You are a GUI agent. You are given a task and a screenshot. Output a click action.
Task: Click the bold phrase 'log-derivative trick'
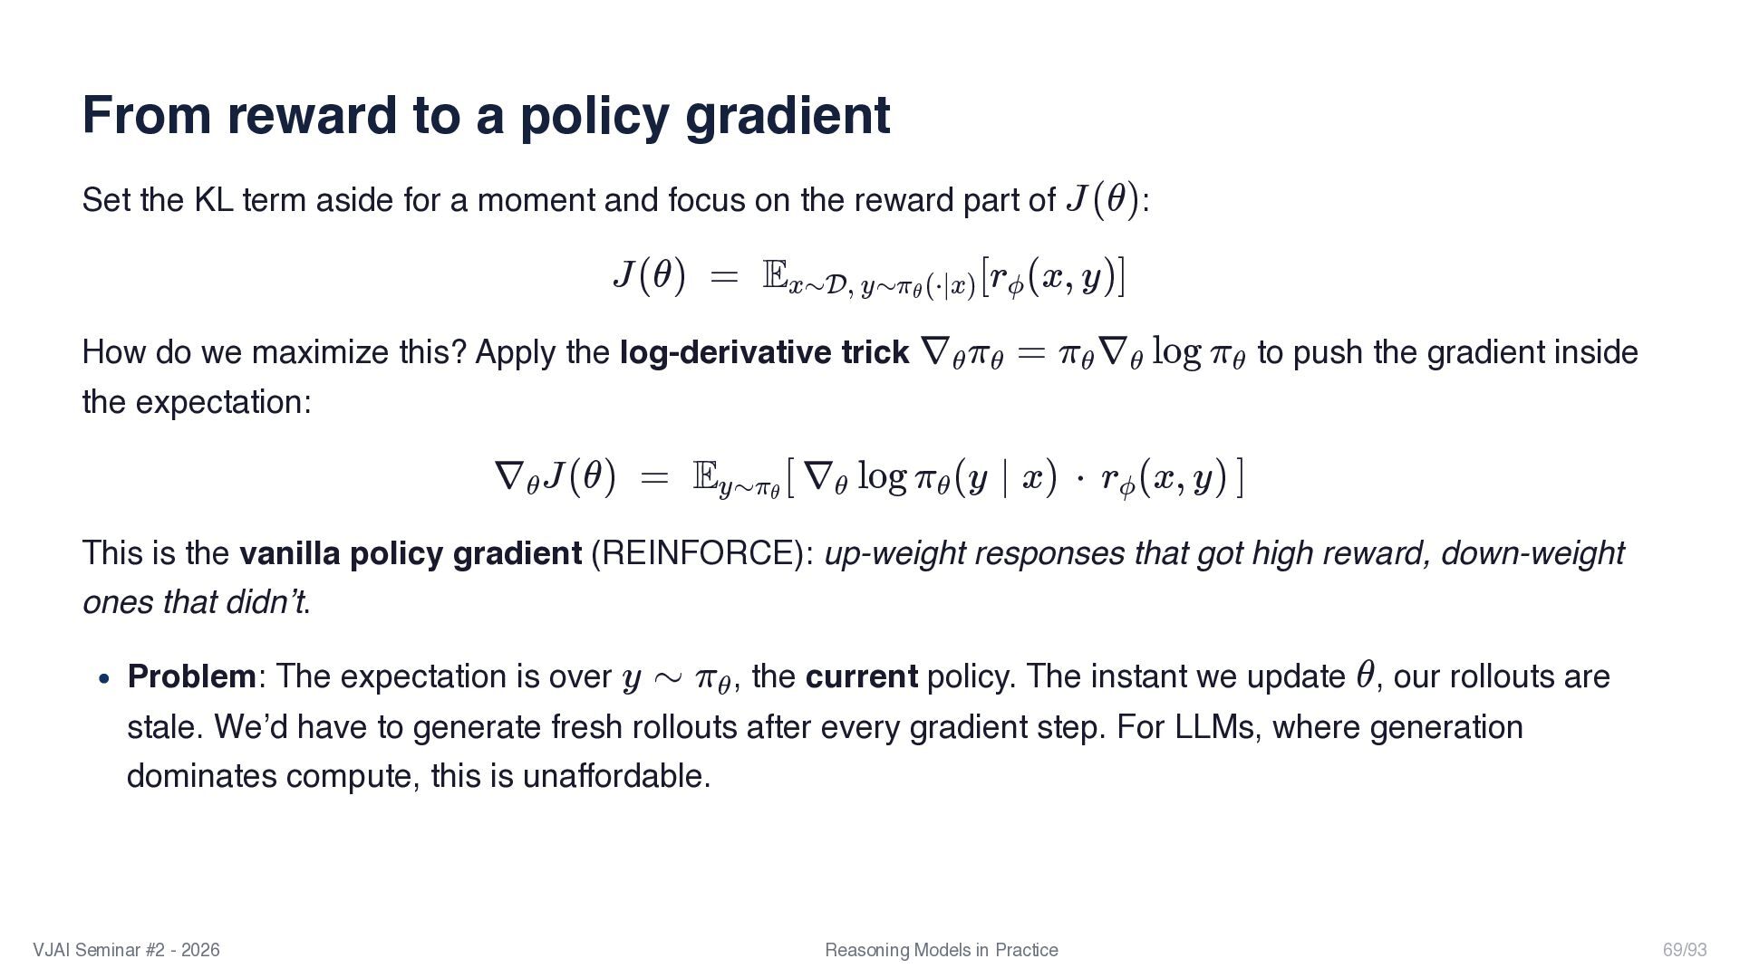coord(764,352)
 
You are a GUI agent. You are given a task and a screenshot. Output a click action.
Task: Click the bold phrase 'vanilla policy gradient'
coord(410,553)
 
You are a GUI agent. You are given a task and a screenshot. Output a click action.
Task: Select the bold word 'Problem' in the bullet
coord(191,676)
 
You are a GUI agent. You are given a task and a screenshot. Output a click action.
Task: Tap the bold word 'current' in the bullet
coord(861,676)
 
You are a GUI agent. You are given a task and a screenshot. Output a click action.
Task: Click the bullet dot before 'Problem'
coord(105,678)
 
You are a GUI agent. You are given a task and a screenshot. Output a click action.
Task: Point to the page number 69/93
coord(1684,950)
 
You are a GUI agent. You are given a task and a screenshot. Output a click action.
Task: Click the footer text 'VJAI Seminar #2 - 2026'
coord(126,950)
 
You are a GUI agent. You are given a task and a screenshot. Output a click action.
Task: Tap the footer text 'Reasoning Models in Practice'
coord(941,950)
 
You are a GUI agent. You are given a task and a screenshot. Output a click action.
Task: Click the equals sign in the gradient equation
coord(653,477)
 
